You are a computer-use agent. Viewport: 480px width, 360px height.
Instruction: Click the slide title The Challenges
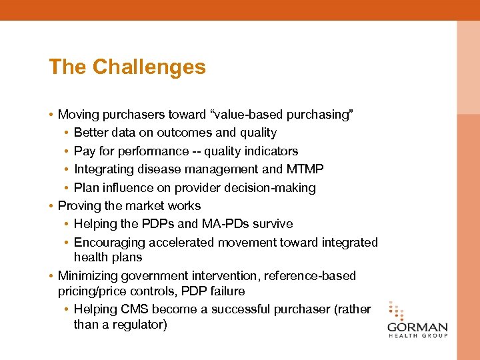(x=127, y=67)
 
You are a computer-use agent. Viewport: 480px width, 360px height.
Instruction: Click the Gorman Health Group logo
(x=417, y=321)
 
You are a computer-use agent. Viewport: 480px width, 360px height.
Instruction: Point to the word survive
(x=271, y=224)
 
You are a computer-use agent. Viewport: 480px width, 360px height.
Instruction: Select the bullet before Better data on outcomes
(x=67, y=133)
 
